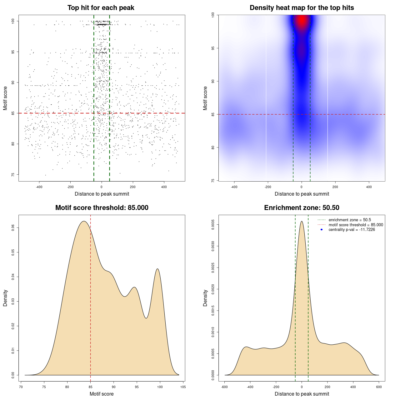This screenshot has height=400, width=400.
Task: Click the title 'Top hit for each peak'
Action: pyautogui.click(x=101, y=8)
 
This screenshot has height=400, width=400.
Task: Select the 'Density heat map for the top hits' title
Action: pyautogui.click(x=302, y=8)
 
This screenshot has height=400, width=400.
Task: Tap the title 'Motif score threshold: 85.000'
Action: pyautogui.click(x=102, y=208)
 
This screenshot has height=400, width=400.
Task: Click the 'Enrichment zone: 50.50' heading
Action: pyautogui.click(x=302, y=208)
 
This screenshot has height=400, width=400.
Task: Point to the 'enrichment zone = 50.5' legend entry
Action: pyautogui.click(x=350, y=220)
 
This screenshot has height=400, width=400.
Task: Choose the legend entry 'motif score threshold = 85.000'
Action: pyautogui.click(x=356, y=225)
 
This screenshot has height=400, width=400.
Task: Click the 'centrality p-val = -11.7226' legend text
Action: pyautogui.click(x=352, y=230)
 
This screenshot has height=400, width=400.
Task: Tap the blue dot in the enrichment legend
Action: pyautogui.click(x=322, y=230)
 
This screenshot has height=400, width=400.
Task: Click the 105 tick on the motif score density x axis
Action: pyautogui.click(x=183, y=387)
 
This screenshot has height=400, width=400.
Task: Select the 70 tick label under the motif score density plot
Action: pyautogui.click(x=21, y=387)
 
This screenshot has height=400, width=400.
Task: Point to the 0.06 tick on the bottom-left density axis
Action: pyautogui.click(x=13, y=228)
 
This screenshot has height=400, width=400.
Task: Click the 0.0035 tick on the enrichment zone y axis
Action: pyautogui.click(x=213, y=225)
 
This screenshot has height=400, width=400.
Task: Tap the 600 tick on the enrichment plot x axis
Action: pyautogui.click(x=379, y=387)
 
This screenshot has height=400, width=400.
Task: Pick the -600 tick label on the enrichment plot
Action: pyautogui.click(x=224, y=387)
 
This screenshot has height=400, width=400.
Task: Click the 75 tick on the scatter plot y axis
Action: pyautogui.click(x=13, y=175)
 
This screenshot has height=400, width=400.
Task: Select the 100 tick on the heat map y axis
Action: pyautogui.click(x=213, y=15)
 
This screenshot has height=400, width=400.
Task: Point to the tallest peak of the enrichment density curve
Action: pyautogui.click(x=302, y=222)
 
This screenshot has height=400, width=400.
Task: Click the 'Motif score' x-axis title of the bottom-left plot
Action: pyautogui.click(x=102, y=394)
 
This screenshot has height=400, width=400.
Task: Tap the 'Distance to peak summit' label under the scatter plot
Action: pyautogui.click(x=102, y=194)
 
